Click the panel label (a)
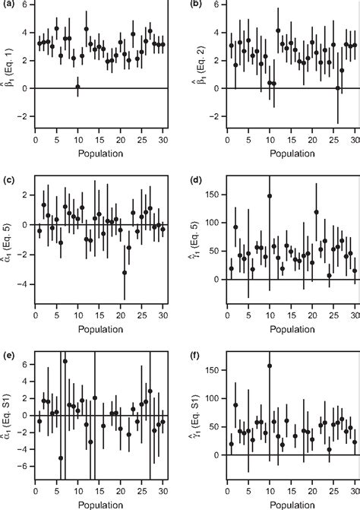(x=8, y=6)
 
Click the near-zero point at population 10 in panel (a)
(x=77, y=87)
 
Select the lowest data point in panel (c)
(x=125, y=272)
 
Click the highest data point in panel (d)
(x=270, y=196)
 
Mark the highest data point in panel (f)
(x=270, y=366)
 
